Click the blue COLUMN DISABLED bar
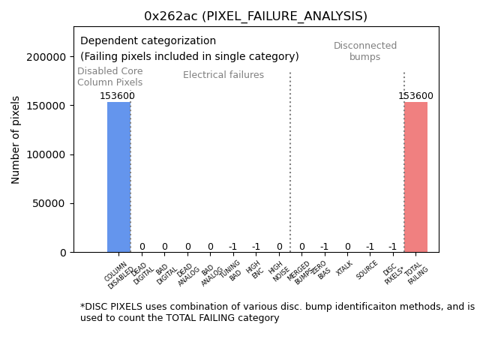[118, 177]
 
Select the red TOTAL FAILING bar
[415, 177]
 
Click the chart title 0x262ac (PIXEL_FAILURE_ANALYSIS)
[256, 16]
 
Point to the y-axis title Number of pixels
[16, 139]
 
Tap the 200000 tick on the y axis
[44, 57]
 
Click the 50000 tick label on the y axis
[47, 204]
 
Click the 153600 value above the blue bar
[118, 96]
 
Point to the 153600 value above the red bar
[415, 96]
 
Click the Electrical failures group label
[223, 75]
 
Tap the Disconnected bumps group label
[365, 51]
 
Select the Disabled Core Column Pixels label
[109, 76]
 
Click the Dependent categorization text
[148, 41]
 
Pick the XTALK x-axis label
[344, 268]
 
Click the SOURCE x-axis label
[367, 271]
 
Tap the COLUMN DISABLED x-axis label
[118, 275]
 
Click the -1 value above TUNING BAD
[232, 247]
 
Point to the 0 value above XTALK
[347, 247]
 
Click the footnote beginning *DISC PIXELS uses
[277, 312]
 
